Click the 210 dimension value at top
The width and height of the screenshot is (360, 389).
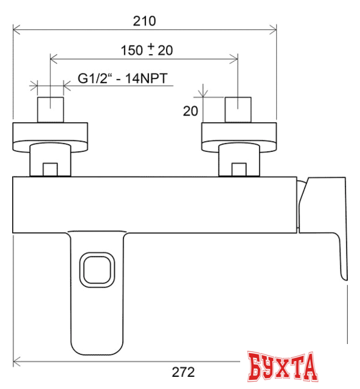(x=145, y=21)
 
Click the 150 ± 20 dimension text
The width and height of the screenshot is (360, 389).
(x=147, y=50)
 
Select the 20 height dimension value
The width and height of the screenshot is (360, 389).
(x=191, y=111)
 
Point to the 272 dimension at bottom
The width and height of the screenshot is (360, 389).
(x=182, y=371)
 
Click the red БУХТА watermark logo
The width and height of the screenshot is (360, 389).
(x=283, y=366)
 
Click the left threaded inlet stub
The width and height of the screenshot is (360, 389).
(x=51, y=109)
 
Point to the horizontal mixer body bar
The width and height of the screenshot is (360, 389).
(x=152, y=204)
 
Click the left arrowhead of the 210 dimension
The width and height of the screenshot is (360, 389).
(x=16, y=28)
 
